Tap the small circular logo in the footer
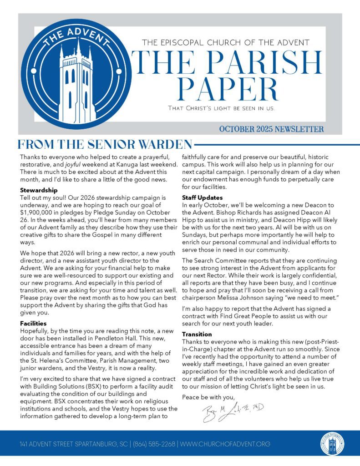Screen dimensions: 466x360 (332, 444)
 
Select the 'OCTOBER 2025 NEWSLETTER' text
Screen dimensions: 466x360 (271, 129)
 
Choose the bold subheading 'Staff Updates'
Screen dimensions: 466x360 (202, 198)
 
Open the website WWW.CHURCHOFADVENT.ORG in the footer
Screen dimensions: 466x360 (225, 444)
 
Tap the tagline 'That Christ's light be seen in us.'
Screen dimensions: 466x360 (221, 109)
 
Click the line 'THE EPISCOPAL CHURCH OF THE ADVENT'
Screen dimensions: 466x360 (226, 43)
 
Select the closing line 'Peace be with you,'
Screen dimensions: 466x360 (208, 397)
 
